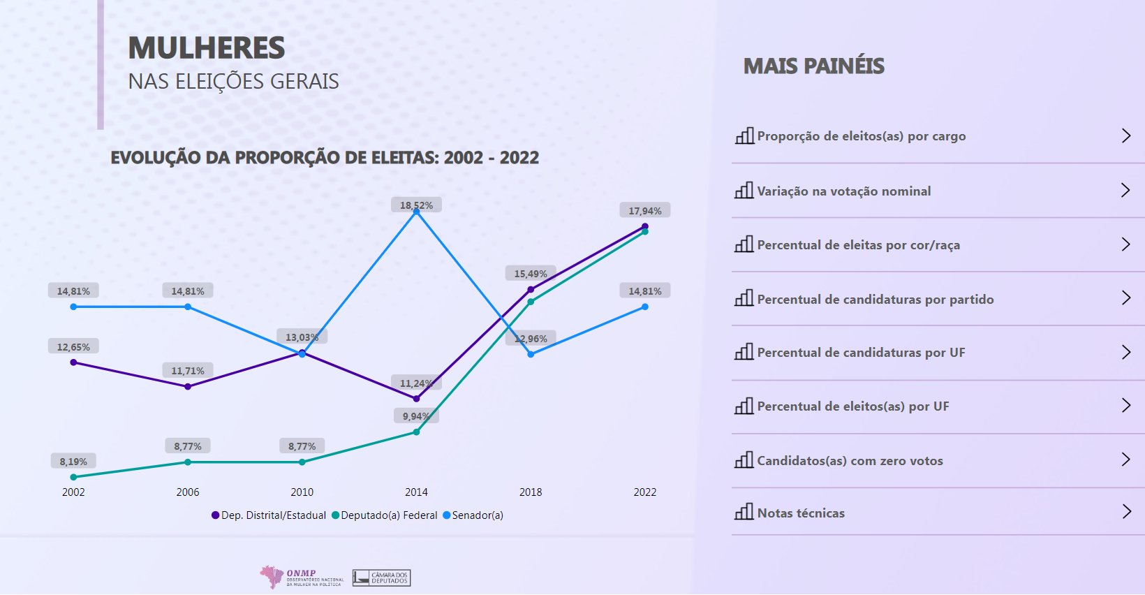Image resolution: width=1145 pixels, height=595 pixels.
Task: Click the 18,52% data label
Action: pos(416,205)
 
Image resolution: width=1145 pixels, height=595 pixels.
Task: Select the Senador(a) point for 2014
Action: pos(417,212)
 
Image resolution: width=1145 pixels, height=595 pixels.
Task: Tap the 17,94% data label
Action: pos(644,211)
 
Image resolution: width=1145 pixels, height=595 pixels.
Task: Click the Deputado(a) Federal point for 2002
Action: pos(73,477)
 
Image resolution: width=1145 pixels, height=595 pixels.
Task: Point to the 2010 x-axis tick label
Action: pos(302,492)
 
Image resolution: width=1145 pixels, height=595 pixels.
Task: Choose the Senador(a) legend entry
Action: pos(473,515)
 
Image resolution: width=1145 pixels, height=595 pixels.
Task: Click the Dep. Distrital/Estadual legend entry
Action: pos(269,515)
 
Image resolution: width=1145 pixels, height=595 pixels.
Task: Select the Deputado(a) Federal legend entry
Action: pos(385,515)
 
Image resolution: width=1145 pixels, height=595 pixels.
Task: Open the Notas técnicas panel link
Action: pos(801,513)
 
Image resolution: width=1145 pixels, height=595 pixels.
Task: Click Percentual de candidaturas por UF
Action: pos(861,353)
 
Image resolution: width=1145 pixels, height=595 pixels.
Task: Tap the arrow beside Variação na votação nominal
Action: pos(1125,190)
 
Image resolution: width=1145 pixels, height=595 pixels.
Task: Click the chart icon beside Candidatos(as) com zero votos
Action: pos(744,460)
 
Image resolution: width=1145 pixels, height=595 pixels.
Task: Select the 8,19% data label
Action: pos(73,462)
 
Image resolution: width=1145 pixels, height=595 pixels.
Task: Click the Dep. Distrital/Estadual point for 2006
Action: pos(188,386)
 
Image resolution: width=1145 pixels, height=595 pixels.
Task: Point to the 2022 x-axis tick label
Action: pos(644,492)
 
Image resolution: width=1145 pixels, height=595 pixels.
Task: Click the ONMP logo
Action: pos(301,578)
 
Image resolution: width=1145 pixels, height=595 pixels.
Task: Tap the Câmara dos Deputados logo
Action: pos(381,578)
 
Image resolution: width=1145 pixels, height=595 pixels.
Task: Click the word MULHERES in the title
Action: pos(207,48)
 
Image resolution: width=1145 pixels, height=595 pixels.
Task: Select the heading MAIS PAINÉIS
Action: pos(814,66)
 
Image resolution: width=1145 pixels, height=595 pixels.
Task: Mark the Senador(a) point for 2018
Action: pos(531,354)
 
